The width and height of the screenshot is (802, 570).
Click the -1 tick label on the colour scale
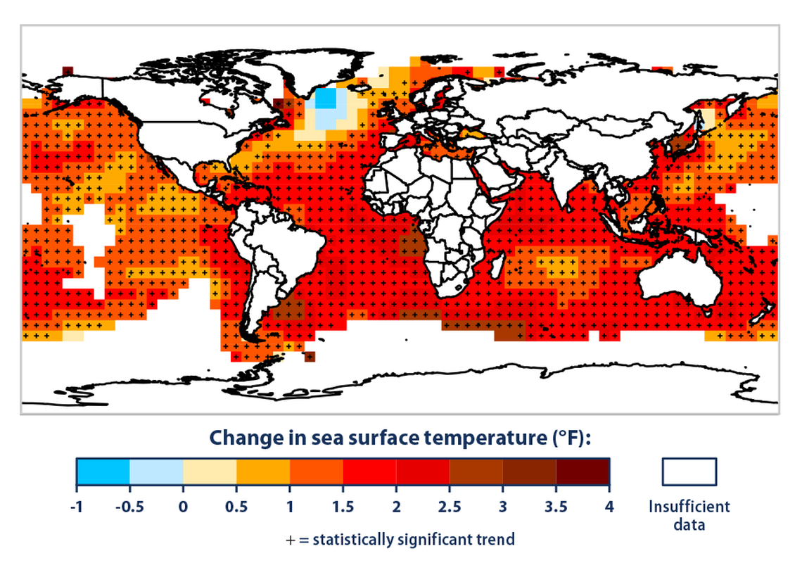(76, 507)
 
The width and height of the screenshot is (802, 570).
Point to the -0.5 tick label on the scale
(129, 507)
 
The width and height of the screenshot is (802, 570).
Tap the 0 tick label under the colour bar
(183, 507)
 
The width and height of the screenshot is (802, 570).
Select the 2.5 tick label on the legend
(450, 507)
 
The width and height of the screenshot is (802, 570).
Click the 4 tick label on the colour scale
(609, 507)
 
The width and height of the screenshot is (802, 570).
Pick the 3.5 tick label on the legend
(556, 507)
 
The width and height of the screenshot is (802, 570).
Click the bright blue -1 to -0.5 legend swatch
(103, 472)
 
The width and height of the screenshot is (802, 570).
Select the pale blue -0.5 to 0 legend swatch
(156, 472)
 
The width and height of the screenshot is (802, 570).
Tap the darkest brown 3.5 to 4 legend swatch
(583, 472)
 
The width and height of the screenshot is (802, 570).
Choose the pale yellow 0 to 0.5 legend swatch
(210, 472)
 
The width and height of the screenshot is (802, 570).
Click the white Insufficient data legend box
(689, 472)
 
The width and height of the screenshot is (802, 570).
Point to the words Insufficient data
(689, 515)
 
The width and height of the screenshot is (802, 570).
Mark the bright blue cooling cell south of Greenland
(325, 99)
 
